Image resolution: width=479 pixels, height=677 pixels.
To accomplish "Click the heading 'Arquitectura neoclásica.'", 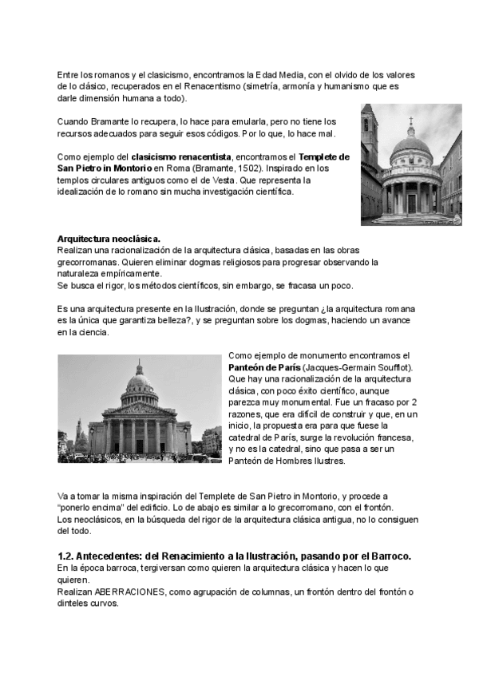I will (x=109, y=239).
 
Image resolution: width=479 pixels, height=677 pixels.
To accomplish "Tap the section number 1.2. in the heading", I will (x=68, y=555).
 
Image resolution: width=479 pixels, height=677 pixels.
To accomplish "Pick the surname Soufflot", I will (x=387, y=366).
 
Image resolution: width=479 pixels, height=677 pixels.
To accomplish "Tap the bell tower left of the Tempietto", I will (x=369, y=128).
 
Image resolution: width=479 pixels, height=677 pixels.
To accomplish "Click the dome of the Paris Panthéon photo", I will (x=140, y=379).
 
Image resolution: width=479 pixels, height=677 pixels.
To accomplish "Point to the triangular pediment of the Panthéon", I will (x=140, y=408).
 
